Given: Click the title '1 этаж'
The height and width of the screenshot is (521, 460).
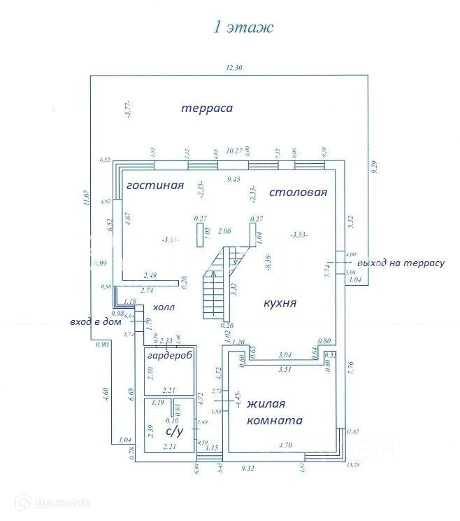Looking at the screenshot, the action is (x=242, y=28).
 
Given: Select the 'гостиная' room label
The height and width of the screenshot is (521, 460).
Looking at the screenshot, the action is (x=154, y=186).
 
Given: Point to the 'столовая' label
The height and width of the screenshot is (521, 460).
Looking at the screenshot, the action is (x=299, y=192).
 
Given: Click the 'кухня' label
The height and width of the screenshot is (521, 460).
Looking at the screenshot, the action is (x=280, y=303).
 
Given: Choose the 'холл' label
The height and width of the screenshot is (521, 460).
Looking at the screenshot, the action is (x=164, y=307).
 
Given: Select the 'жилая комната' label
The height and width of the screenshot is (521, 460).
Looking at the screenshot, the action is (x=274, y=412).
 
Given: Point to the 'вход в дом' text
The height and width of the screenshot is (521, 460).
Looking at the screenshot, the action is (x=96, y=322).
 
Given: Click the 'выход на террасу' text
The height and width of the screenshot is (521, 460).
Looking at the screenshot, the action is (x=401, y=263).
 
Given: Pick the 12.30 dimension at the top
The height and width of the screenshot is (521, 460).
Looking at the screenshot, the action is (x=234, y=68).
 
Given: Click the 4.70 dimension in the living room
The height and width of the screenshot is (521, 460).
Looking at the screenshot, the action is (x=285, y=444).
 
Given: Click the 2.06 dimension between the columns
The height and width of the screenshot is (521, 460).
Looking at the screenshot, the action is (x=224, y=230).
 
